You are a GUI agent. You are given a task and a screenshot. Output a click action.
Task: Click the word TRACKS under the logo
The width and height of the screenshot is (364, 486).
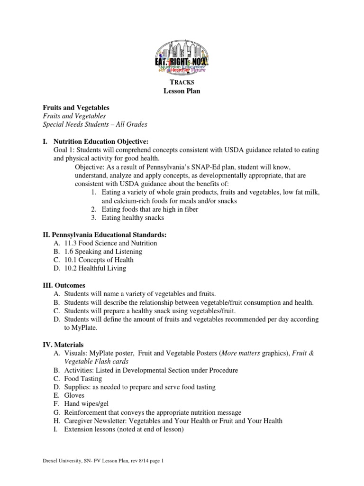182,83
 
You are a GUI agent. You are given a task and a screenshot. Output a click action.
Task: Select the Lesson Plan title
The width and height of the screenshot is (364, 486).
182,91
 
